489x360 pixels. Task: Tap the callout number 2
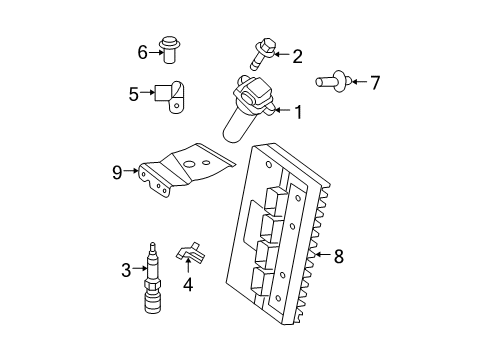(x=297, y=57)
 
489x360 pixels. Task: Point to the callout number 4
(x=186, y=285)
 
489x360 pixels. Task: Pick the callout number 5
(x=133, y=94)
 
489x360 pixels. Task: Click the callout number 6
(x=143, y=50)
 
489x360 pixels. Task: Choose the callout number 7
(x=376, y=82)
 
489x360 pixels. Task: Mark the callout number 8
(x=338, y=257)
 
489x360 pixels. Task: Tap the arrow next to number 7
(x=358, y=82)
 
